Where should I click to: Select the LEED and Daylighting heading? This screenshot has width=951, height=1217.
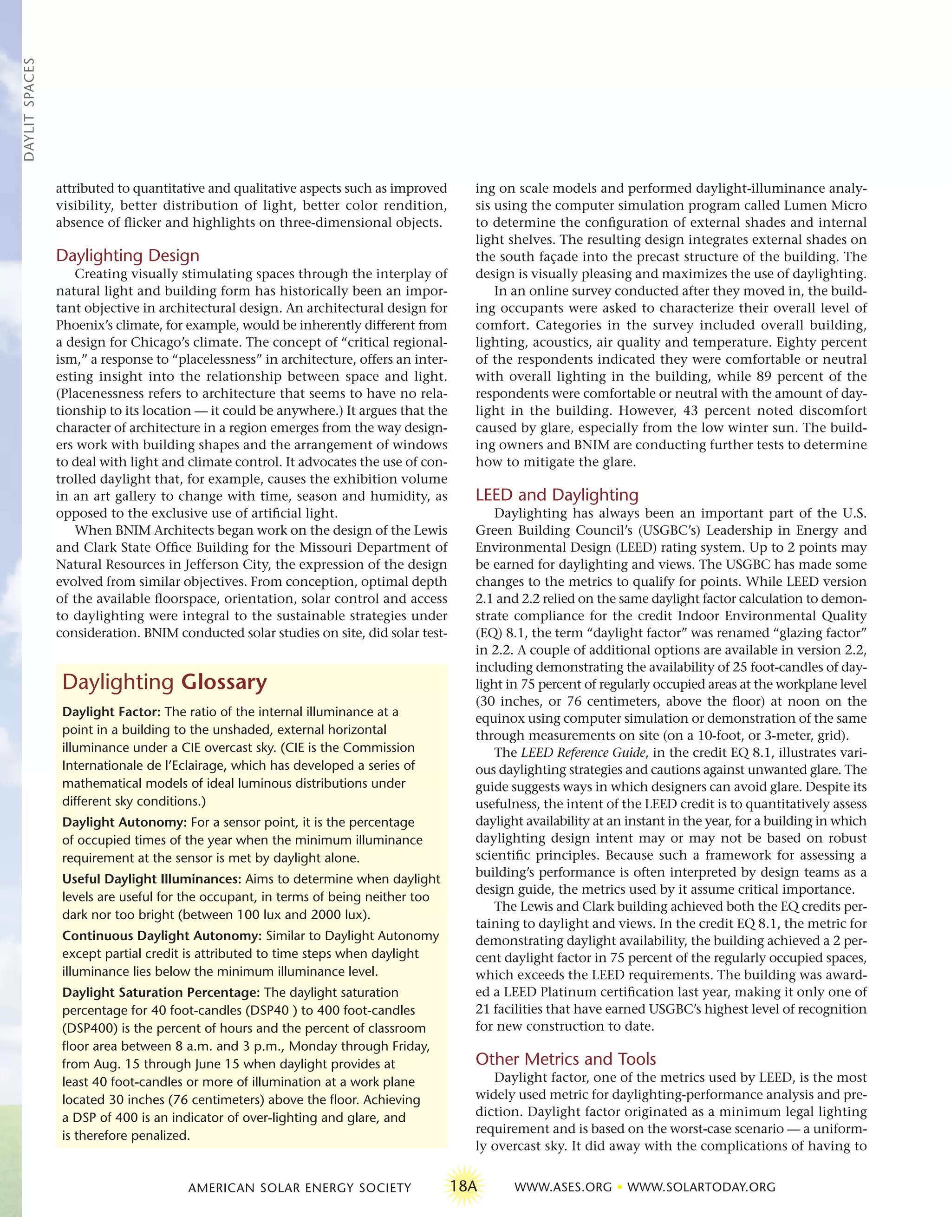click(x=557, y=495)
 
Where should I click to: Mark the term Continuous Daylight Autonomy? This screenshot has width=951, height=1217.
click(x=162, y=936)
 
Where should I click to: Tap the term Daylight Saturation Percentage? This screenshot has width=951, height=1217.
click(x=161, y=993)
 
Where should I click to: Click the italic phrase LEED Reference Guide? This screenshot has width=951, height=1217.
click(x=583, y=753)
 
